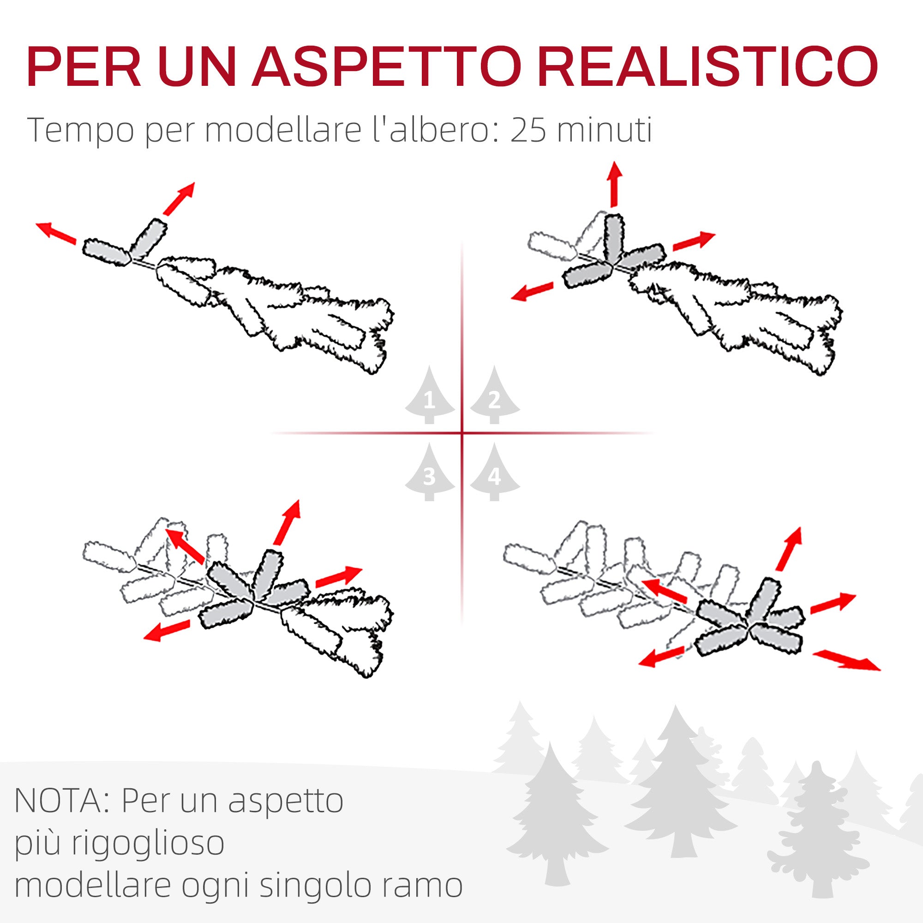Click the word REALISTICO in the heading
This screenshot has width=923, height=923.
pos(707,67)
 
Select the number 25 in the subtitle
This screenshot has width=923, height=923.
pos(528,130)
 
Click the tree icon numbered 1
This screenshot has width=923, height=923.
pos(430,396)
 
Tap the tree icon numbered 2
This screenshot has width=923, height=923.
pos(494,396)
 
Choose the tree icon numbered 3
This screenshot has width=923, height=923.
pos(430,473)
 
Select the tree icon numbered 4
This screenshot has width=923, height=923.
pos(494,473)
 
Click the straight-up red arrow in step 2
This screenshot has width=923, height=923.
pos(614,185)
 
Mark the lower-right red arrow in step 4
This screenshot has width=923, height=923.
pos(846,661)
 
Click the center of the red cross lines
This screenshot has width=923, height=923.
pos(462,433)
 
